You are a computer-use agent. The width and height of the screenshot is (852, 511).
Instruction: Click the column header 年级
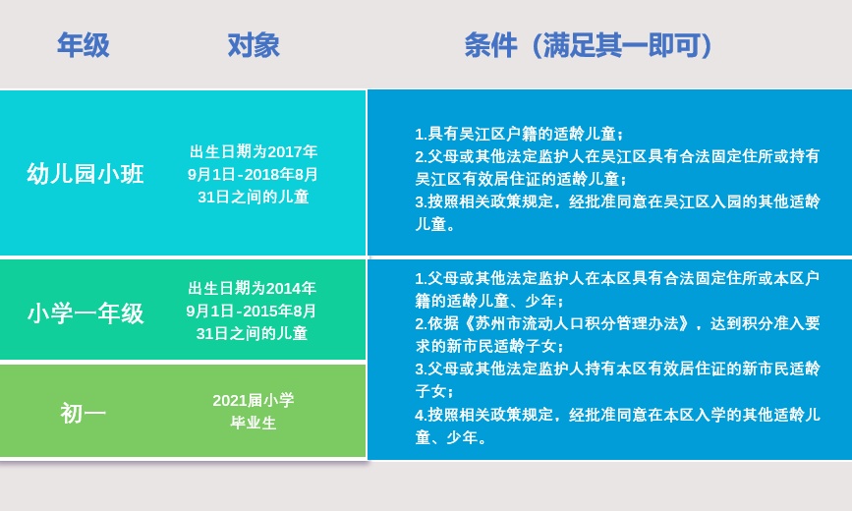tap(84, 44)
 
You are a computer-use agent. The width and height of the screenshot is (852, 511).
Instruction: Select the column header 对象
tap(254, 44)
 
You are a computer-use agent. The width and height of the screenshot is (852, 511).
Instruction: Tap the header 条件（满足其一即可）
tap(589, 44)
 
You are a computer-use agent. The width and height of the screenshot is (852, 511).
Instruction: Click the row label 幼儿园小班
tap(85, 174)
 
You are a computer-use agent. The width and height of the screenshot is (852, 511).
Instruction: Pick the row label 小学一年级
tap(85, 313)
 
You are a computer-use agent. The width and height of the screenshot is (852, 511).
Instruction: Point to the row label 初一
tap(83, 414)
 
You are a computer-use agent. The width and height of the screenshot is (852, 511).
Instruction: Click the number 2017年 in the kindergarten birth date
tap(292, 151)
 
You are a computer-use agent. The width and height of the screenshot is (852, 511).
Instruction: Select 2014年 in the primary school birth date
tap(291, 288)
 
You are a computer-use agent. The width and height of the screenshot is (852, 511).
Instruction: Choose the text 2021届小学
tap(254, 401)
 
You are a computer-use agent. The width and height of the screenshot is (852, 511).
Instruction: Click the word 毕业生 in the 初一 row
tap(254, 423)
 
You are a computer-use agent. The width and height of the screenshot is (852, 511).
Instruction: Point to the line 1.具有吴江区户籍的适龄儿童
tap(520, 134)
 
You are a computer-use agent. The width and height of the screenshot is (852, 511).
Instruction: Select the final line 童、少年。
tap(450, 437)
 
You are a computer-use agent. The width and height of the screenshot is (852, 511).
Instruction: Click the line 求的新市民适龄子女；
tap(489, 346)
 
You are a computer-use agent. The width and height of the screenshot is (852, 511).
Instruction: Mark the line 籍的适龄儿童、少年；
tap(489, 301)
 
